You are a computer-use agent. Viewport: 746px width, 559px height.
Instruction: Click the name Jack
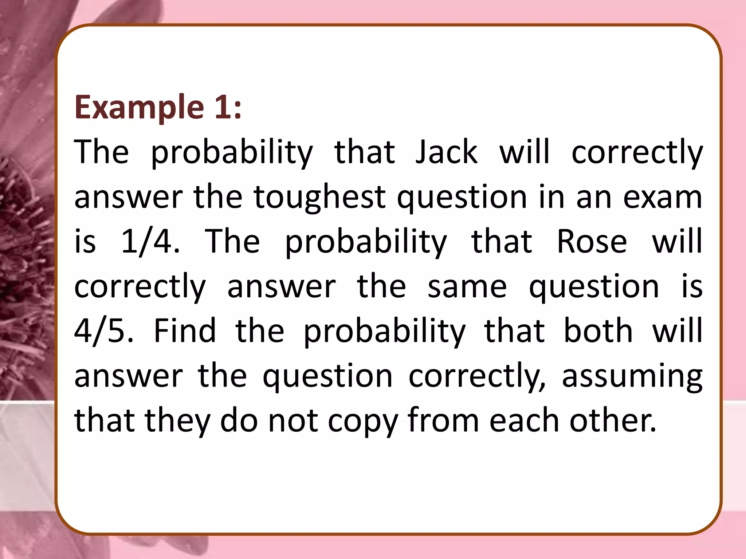(446, 152)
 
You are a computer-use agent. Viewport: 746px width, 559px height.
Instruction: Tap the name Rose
(592, 242)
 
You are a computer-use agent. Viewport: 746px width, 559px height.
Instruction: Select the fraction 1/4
(150, 242)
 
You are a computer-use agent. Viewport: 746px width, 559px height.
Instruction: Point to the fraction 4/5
(103, 331)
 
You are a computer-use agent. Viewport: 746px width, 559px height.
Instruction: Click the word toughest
(319, 197)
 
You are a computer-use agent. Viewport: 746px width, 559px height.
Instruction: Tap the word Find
(185, 331)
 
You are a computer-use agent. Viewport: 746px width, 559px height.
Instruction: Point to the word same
(467, 287)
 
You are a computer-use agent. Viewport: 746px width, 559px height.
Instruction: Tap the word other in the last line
(613, 421)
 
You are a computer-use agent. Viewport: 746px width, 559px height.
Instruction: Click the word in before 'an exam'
(551, 197)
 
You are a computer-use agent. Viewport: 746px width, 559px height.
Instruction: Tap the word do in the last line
(239, 421)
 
